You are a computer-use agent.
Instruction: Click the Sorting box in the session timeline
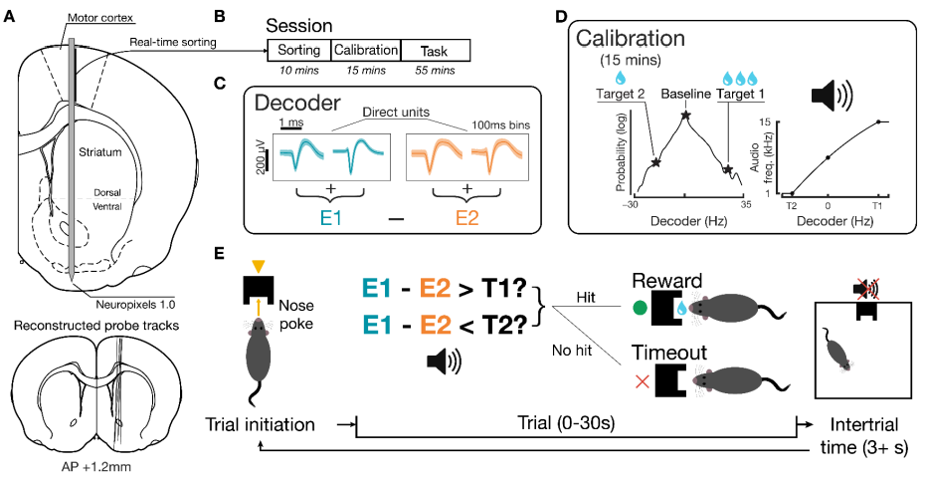298,50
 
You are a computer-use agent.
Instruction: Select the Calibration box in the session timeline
365,50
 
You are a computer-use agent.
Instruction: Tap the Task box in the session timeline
435,50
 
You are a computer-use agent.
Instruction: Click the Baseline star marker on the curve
685,117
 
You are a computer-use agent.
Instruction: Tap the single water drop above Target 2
621,77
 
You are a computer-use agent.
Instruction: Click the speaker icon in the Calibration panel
832,97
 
